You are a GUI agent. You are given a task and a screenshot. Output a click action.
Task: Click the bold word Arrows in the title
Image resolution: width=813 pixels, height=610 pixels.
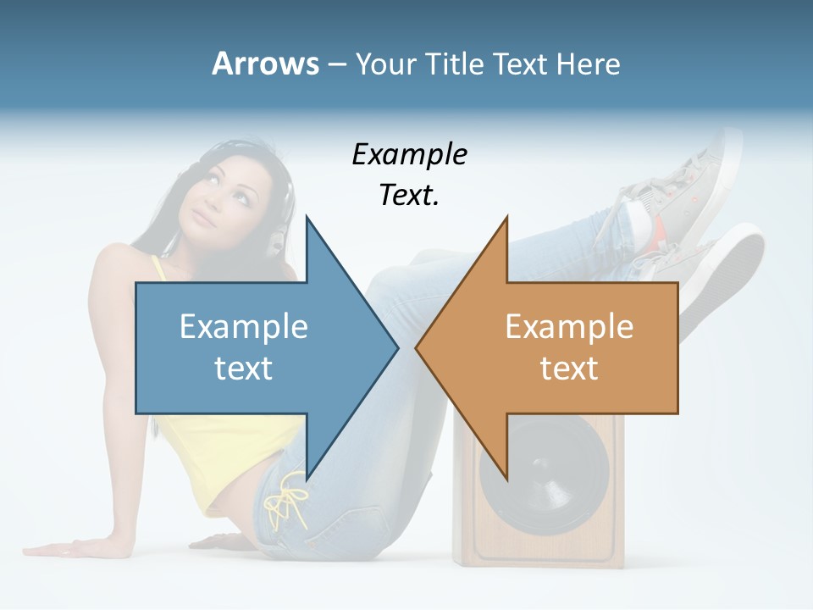click(x=265, y=64)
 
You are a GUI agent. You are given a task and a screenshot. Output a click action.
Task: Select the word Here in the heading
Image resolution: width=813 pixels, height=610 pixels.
click(x=588, y=64)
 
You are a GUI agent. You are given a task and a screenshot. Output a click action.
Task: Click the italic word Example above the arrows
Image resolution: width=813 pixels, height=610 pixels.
click(x=409, y=154)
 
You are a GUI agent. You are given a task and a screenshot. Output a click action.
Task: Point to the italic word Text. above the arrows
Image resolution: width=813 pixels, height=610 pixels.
click(x=409, y=196)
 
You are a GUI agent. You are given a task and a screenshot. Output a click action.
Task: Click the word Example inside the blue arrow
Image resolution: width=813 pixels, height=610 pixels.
click(x=244, y=326)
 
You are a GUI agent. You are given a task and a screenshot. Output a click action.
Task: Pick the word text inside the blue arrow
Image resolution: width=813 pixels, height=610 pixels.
click(x=244, y=369)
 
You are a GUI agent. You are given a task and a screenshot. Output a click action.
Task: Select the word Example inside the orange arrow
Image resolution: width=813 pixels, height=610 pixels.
click(x=569, y=326)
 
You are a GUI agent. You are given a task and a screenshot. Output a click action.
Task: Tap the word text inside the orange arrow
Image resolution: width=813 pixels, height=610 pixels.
click(x=569, y=369)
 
